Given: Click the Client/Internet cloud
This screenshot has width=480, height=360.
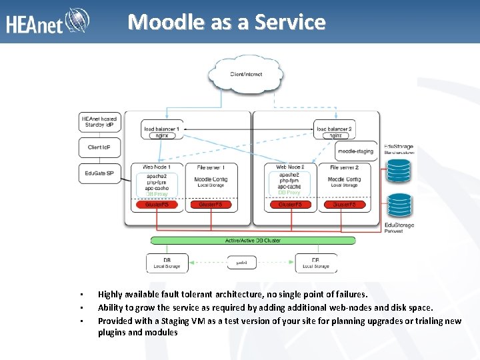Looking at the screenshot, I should [245, 74].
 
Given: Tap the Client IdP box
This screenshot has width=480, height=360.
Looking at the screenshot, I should [99, 147].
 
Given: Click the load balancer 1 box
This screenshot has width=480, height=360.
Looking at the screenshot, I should [161, 131].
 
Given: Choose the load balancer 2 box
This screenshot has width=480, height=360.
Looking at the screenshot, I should [334, 131].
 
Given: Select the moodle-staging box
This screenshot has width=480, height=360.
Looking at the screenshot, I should [355, 152].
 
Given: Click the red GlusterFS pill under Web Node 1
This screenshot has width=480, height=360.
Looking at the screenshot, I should [157, 205].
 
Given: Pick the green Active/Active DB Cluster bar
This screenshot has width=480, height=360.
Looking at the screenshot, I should [253, 240].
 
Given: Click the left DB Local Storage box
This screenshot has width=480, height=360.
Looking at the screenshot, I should [167, 263].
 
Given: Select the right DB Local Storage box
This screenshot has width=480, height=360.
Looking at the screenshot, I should [315, 263].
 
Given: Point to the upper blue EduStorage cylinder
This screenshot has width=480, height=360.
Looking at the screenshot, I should [399, 169].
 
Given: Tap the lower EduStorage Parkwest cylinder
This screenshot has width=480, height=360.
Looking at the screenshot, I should [399, 207].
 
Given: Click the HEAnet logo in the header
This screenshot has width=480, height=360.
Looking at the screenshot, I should [47, 23].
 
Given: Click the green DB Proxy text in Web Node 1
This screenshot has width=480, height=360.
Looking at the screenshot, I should [157, 194].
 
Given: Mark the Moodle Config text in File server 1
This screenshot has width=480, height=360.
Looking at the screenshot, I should [211, 179].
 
